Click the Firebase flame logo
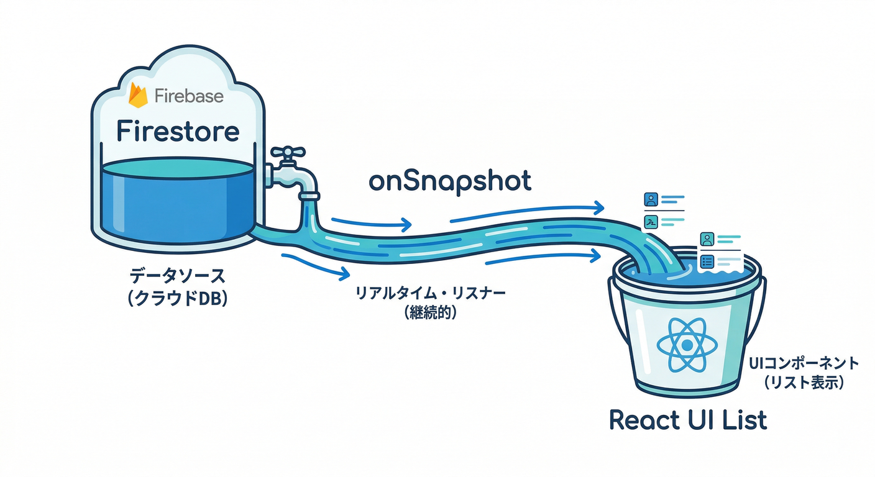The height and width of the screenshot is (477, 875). (138, 96)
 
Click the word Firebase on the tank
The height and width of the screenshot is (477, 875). (189, 97)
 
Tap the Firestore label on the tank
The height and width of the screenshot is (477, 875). (178, 132)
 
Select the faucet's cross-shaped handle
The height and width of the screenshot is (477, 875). (287, 153)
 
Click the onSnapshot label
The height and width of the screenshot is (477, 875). (450, 181)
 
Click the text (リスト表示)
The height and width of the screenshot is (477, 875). (803, 384)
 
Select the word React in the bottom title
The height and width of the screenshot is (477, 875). (649, 420)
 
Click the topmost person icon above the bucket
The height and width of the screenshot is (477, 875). (651, 200)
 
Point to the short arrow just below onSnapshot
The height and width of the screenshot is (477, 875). (371, 224)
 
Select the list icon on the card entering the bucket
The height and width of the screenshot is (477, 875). (707, 261)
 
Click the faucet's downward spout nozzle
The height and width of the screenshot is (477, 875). (309, 198)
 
